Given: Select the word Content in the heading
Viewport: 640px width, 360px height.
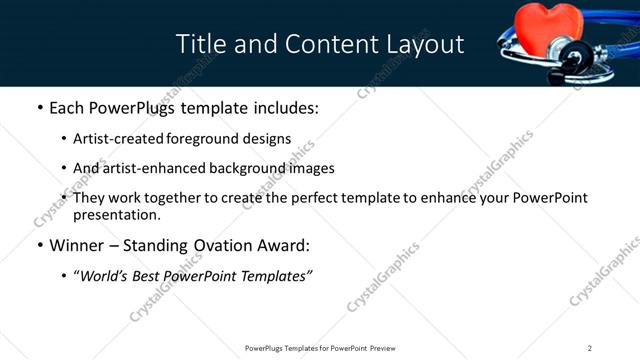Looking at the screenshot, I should coord(323,44).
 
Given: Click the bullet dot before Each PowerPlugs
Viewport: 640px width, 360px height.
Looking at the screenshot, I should coord(40,107).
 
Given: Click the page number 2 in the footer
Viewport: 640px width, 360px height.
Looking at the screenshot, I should coord(589,348).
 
